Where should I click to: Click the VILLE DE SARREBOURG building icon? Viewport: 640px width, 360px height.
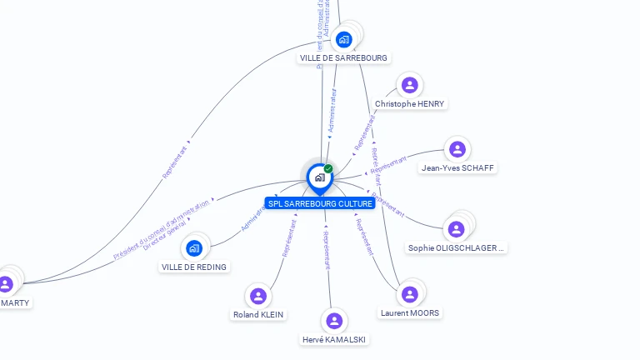[344, 38]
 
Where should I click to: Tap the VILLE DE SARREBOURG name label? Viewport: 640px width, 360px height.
[343, 58]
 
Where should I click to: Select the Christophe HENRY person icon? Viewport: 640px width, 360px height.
[409, 85]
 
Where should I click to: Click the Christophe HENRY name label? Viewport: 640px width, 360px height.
[409, 104]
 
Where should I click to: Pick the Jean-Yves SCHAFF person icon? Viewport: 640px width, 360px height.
[457, 149]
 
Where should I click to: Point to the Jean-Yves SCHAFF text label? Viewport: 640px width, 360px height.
[457, 167]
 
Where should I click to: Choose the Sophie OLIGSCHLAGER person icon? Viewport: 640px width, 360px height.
[456, 229]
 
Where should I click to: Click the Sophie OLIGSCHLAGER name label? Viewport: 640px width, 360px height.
[456, 247]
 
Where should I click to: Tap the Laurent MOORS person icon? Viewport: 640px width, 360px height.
[409, 294]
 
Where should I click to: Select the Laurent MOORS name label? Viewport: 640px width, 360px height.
[409, 313]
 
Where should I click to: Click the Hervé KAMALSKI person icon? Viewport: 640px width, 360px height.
[334, 321]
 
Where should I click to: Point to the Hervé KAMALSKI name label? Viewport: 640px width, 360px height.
[334, 339]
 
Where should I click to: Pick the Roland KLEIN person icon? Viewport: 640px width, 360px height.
[258, 296]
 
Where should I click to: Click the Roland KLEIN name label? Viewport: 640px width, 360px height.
[258, 315]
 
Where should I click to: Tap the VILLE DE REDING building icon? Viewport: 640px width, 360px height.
[194, 247]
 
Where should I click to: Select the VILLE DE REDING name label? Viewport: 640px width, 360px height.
[194, 267]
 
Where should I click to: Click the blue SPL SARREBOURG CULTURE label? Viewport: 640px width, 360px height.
[320, 203]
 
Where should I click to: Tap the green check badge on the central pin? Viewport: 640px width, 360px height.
[328, 168]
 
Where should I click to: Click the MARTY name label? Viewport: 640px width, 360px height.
[15, 302]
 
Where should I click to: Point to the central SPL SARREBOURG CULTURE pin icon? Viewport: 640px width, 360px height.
[319, 177]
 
